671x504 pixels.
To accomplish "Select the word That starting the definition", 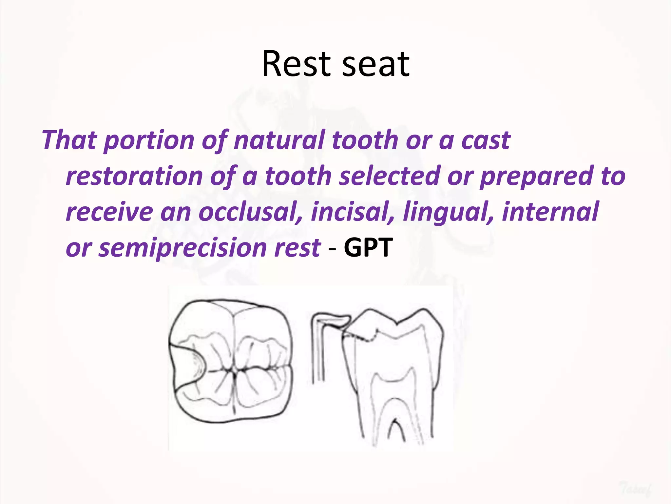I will [x=69, y=140].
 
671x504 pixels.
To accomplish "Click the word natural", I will [x=280, y=140].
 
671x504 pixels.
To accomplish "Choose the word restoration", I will [x=134, y=176].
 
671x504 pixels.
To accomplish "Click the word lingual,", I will [x=448, y=213].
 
